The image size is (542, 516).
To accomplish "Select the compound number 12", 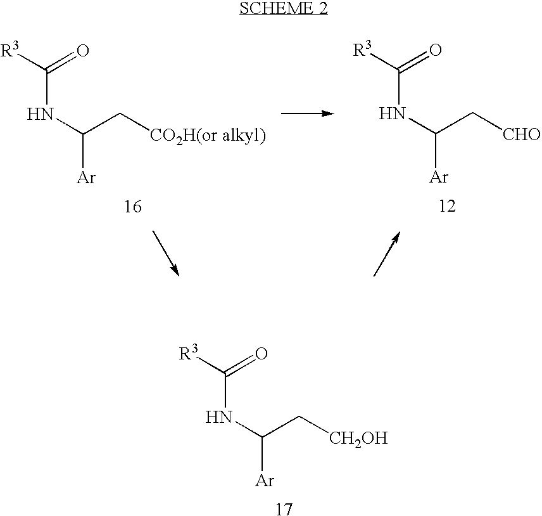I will [x=447, y=207].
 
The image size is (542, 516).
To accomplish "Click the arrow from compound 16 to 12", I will [x=307, y=113].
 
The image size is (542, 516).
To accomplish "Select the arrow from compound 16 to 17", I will [x=165, y=254].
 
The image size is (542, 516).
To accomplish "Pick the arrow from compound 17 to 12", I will [x=387, y=254].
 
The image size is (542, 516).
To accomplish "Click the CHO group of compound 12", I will [x=522, y=135].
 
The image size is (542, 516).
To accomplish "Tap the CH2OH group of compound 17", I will [x=358, y=439].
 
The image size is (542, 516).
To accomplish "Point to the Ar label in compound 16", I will [x=86, y=178].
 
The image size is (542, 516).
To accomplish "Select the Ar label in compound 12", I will [x=439, y=177].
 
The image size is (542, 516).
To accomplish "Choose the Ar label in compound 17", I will [x=264, y=481].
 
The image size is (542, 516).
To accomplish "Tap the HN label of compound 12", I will [x=392, y=114].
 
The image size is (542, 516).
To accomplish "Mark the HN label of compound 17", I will [x=219, y=417].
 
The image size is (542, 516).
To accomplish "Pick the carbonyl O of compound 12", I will [x=434, y=51].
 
